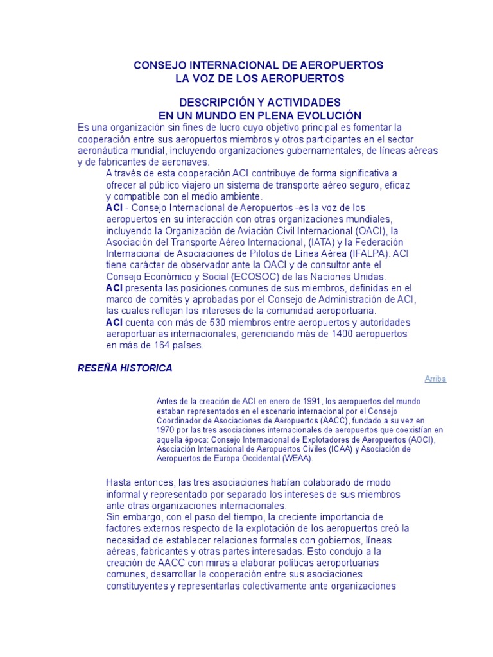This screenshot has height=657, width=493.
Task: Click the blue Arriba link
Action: pyautogui.click(x=435, y=379)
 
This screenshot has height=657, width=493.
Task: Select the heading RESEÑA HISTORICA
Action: pyautogui.click(x=125, y=368)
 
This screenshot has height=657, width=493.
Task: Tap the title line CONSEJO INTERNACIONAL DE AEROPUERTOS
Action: pyautogui.click(x=257, y=65)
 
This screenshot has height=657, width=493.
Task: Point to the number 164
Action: pyautogui.click(x=156, y=345)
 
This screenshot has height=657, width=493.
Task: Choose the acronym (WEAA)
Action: pyautogui.click(x=298, y=459)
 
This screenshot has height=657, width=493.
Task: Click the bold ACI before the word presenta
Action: pyautogui.click(x=114, y=288)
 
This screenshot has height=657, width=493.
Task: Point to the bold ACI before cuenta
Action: pyautogui.click(x=114, y=322)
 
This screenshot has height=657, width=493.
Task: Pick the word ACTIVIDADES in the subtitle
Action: pyautogui.click(x=304, y=103)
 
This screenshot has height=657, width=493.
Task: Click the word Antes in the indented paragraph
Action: pyautogui.click(x=167, y=401)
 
